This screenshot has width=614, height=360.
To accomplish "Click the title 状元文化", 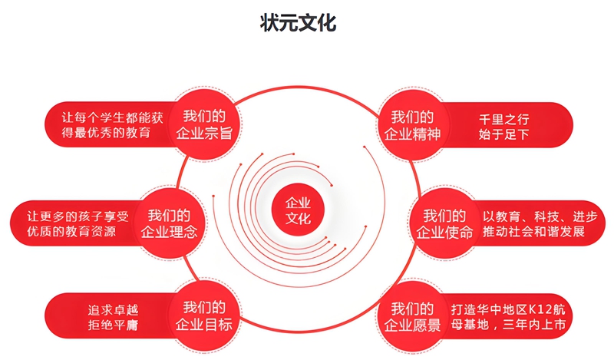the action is [x=298, y=23].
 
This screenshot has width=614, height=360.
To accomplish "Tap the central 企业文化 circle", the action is [x=298, y=210].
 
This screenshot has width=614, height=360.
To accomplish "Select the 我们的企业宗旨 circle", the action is [x=204, y=124].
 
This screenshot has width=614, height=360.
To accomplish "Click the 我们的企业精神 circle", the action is [x=412, y=125].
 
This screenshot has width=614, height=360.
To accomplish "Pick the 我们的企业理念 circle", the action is [x=169, y=223].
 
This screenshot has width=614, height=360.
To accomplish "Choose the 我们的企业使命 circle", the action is [x=444, y=223].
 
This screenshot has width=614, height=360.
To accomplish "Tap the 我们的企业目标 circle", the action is [x=204, y=315].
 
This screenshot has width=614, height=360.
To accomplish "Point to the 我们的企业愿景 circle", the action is [x=412, y=316].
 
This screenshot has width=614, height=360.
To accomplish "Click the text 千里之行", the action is [x=504, y=119].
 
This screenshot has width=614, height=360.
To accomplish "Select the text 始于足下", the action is [x=504, y=134].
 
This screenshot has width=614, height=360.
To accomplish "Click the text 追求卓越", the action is [x=113, y=310].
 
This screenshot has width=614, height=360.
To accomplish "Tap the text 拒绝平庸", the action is [x=113, y=325].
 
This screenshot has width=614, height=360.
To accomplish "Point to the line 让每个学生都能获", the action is [x=112, y=117].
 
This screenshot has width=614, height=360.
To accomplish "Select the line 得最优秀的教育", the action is [x=106, y=132].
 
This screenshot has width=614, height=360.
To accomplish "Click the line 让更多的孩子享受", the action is [x=78, y=216].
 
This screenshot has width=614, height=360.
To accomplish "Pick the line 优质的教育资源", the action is [x=71, y=231].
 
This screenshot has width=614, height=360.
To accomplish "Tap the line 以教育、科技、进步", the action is [x=540, y=216].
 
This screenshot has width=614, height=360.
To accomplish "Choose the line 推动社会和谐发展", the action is [x=533, y=231].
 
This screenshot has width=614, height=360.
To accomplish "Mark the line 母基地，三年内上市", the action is [x=508, y=325].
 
